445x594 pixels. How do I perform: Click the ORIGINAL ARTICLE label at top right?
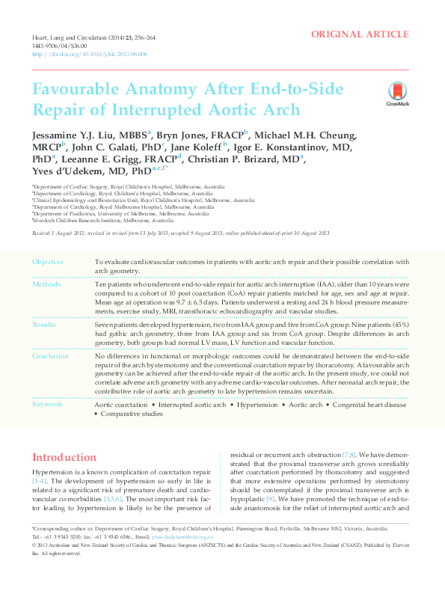pyautogui.click(x=360, y=34)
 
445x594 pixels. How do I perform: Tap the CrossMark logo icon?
pyautogui.click(x=397, y=93)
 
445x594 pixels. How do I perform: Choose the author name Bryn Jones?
pyautogui.click(x=185, y=135)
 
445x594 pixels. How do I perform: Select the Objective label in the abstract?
pyautogui.click(x=48, y=262)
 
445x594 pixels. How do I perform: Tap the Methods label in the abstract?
pyautogui.click(x=46, y=285)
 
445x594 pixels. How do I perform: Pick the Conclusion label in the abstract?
pyautogui.click(x=51, y=356)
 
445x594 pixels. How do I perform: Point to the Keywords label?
pyautogui.click(x=49, y=404)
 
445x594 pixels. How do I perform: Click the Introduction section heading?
pyautogui.click(x=64, y=457)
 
